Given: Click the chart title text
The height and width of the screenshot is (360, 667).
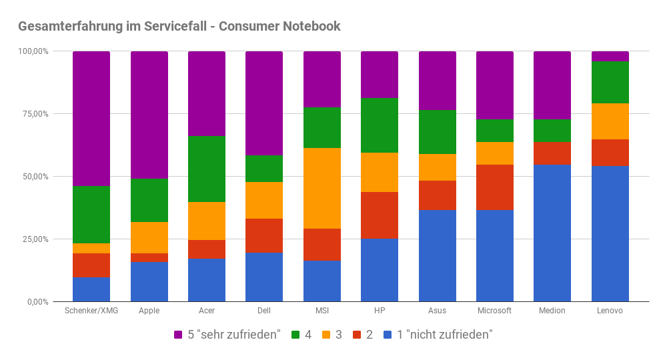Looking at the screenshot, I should (x=179, y=27).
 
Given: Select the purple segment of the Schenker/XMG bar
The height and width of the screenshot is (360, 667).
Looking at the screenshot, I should (x=91, y=118).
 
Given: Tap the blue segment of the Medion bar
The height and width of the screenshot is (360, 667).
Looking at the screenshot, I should (x=552, y=233).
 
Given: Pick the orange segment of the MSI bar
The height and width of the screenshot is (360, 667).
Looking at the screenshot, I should (x=322, y=188).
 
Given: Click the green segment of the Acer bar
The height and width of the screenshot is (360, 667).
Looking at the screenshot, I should (x=207, y=169).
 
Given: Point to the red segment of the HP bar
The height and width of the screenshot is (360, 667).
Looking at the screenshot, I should (x=380, y=215).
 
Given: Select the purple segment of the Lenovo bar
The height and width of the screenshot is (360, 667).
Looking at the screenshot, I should (x=610, y=56).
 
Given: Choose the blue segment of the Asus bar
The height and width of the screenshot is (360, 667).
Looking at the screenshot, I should (x=438, y=256).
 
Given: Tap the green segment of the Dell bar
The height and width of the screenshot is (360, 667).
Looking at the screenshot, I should (x=264, y=169).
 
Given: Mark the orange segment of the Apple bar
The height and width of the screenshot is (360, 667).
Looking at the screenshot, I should (x=149, y=237).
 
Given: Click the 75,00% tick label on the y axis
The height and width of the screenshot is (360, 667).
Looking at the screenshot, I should (x=33, y=114).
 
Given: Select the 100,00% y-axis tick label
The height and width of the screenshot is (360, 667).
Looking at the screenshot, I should (x=32, y=51).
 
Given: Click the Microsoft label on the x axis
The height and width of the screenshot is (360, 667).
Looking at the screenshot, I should (x=495, y=311).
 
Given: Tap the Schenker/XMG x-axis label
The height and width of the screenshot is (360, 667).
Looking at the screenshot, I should (x=91, y=311).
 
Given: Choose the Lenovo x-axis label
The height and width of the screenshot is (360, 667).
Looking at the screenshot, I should (x=610, y=311).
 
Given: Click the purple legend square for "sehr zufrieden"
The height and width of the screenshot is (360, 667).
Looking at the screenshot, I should (x=179, y=335).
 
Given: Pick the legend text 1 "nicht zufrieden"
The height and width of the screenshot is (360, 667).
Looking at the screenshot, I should (x=445, y=335).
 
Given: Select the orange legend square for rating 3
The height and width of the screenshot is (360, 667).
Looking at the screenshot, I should (x=325, y=335).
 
